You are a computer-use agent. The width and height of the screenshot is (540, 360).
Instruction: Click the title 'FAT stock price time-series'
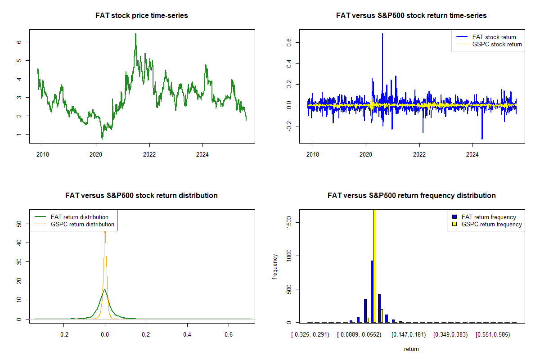tap(142, 16)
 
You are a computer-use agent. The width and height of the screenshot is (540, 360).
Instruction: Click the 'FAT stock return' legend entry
tap(494, 37)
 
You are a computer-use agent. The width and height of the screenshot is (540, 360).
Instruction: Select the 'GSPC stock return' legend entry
tap(497, 45)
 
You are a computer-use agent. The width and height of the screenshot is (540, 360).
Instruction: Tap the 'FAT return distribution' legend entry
tap(80, 217)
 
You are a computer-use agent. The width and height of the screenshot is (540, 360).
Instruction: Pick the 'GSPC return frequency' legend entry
tap(492, 224)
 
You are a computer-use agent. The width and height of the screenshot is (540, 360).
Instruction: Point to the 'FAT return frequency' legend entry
tap(489, 217)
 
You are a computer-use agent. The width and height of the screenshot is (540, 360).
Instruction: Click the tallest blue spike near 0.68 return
tap(382, 34)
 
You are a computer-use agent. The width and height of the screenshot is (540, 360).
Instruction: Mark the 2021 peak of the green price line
tap(135, 34)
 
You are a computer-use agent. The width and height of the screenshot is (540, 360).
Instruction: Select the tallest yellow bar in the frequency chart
tap(374, 265)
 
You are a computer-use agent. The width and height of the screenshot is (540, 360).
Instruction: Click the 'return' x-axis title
tap(411, 349)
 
